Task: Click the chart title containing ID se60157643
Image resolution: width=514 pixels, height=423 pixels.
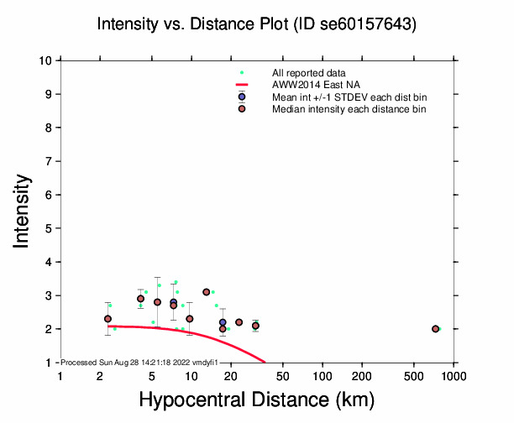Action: click(x=257, y=25)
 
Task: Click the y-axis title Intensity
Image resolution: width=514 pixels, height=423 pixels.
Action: click(x=23, y=211)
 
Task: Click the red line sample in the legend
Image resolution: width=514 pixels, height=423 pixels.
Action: click(x=242, y=86)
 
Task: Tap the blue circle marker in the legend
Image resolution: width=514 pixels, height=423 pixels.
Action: click(x=242, y=97)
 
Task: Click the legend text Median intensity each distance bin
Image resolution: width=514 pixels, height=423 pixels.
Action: click(x=349, y=109)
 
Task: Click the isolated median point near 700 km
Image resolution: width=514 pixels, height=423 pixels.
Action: click(x=435, y=329)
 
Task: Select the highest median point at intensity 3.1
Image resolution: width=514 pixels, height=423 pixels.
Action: click(x=206, y=292)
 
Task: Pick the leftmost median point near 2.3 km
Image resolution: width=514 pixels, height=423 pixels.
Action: click(x=108, y=319)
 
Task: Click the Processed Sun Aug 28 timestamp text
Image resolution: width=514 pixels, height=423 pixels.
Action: click(x=140, y=362)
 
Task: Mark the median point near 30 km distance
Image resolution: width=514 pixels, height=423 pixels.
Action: click(x=255, y=326)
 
